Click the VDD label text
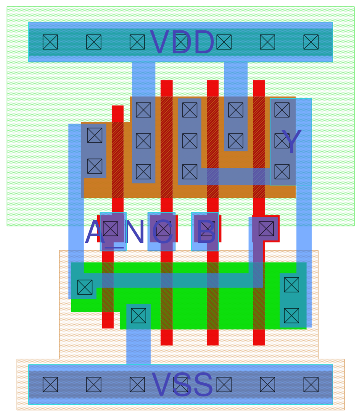(182, 42)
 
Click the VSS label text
(182, 385)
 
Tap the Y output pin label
(291, 141)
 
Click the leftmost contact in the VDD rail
(50, 42)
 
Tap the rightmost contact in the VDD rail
(311, 42)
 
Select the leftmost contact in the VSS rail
(50, 385)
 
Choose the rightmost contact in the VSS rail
(311, 385)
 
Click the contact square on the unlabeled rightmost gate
(266, 229)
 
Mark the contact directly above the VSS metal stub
(139, 316)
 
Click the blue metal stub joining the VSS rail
(139, 347)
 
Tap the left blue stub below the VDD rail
(143, 79)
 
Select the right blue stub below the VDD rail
(236, 79)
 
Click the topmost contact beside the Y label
(282, 110)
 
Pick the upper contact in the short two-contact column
(236, 110)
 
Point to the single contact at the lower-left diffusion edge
(85, 287)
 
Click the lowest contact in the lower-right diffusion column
(292, 316)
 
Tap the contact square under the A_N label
(110, 229)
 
